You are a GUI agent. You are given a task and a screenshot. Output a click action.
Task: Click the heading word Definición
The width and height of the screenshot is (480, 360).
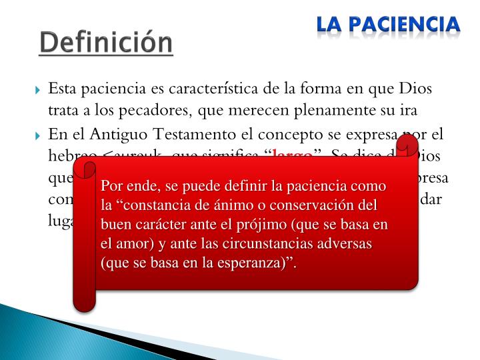[105, 43]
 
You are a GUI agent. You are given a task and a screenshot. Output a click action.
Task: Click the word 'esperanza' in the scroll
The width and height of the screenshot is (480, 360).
[255, 263]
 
